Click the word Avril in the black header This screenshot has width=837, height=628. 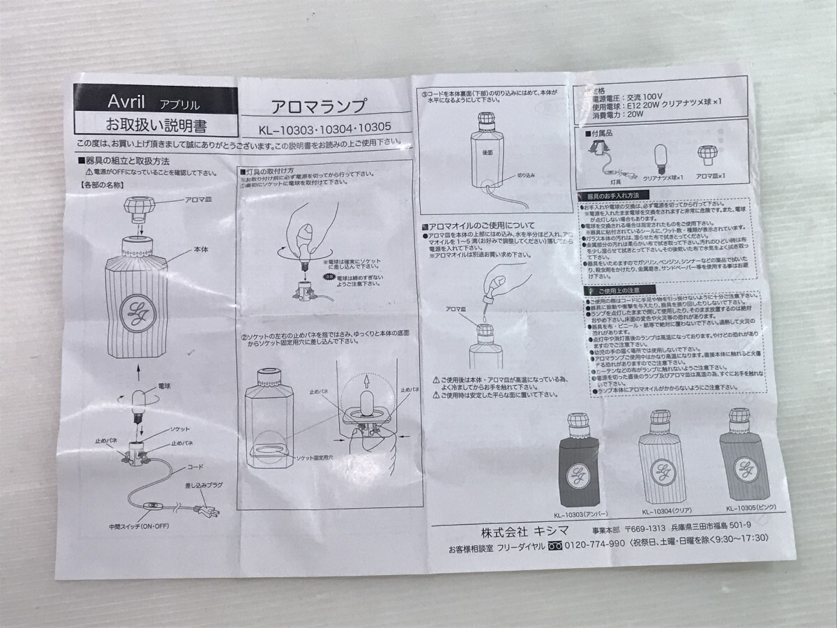(126, 101)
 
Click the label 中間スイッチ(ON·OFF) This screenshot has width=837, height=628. (141, 527)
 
